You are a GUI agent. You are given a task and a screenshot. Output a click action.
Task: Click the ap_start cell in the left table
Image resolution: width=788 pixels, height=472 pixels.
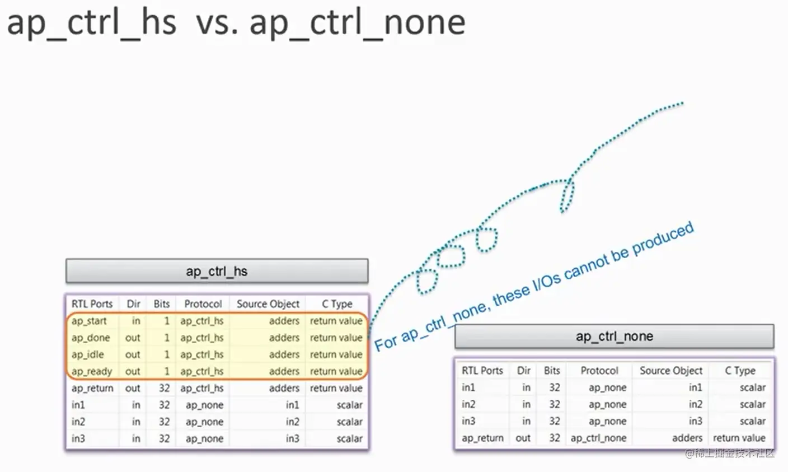(x=89, y=321)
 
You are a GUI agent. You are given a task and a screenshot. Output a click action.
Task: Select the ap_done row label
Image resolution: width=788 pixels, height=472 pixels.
(x=91, y=338)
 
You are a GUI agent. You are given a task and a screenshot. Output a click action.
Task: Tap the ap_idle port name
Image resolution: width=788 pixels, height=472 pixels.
(x=88, y=354)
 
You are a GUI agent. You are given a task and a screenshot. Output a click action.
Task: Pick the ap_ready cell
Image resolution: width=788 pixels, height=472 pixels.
(x=92, y=371)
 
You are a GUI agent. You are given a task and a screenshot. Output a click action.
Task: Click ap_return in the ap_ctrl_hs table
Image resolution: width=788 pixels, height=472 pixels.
(x=92, y=388)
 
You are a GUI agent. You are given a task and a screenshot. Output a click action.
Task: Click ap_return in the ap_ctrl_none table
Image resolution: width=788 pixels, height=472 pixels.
(x=482, y=438)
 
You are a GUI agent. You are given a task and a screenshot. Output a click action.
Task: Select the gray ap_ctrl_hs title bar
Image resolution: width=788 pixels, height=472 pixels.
(x=217, y=271)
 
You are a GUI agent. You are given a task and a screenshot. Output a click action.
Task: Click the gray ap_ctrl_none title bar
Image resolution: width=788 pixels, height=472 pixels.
(x=614, y=337)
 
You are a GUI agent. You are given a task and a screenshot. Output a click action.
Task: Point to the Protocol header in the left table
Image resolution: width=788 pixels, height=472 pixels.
(x=203, y=304)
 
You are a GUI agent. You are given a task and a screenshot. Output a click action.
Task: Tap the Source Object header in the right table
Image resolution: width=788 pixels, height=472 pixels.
(x=671, y=371)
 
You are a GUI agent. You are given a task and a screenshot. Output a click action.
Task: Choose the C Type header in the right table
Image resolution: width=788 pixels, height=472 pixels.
(x=740, y=371)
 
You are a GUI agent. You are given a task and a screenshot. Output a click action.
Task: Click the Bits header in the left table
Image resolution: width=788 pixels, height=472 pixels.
(x=162, y=304)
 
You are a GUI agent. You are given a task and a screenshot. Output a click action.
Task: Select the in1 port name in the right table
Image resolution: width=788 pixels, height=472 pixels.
(x=468, y=387)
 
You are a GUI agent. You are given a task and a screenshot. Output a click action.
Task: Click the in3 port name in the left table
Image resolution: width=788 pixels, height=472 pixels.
(x=78, y=438)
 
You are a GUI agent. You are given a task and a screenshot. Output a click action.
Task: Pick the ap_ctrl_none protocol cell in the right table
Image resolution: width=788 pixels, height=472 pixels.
(x=598, y=438)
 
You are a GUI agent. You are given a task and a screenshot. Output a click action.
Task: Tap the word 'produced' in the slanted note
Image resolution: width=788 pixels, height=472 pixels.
(x=663, y=239)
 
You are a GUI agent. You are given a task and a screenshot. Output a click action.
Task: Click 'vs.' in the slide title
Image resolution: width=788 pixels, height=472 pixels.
(x=217, y=24)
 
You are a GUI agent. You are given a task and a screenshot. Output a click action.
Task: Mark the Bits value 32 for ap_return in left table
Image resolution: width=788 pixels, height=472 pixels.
(x=165, y=388)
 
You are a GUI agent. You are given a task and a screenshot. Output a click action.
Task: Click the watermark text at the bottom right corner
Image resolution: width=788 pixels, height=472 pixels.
(x=730, y=454)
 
